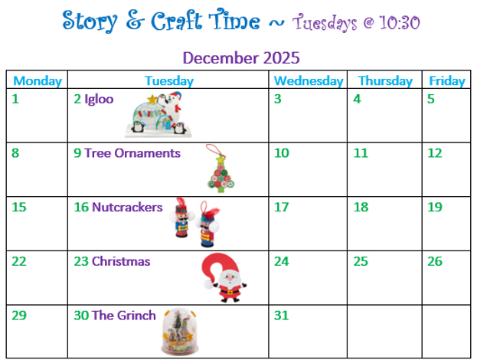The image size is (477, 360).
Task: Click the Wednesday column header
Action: (308, 80)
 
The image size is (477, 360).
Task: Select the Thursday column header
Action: (385, 80)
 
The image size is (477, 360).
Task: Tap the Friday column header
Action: (447, 80)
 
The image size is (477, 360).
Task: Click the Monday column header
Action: (38, 80)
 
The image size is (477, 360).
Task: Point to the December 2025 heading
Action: (241, 57)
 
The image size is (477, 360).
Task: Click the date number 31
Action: (282, 316)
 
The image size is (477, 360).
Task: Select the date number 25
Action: (361, 261)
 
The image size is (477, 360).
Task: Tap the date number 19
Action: (435, 207)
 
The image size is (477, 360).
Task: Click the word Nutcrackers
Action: (127, 207)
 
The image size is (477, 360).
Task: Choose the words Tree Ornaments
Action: (132, 152)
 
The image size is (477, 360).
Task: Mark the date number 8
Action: (15, 152)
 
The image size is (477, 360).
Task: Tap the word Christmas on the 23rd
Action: (121, 261)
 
